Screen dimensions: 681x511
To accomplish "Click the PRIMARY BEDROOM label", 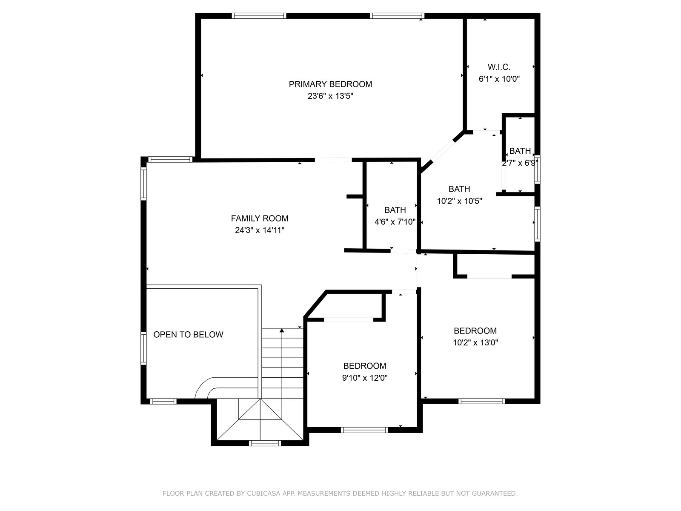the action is coord(330,84).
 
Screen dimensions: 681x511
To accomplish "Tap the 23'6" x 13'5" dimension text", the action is coord(330,96).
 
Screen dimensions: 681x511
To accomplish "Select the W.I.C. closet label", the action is coord(498,67).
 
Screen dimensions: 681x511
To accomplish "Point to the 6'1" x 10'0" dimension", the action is coord(499,79).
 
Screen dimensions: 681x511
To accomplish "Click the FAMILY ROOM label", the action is coord(259,218).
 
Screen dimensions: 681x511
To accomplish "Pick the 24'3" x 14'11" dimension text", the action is coord(259,230).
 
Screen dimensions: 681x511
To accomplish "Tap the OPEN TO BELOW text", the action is coord(188,334).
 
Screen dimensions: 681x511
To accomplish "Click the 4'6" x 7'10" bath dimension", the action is coord(395,222).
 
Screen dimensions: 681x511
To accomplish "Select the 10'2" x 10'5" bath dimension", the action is coord(459,201).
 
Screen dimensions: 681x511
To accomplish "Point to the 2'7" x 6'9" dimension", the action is coord(520,163).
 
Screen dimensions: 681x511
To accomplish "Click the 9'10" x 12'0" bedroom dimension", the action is coord(364,378).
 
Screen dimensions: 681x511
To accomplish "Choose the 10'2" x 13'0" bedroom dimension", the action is coord(475,342).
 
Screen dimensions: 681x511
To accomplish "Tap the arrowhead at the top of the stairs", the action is coord(281,330).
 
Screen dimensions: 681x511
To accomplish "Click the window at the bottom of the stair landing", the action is coord(264,443).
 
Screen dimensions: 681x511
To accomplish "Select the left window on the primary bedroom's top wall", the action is coord(259,16).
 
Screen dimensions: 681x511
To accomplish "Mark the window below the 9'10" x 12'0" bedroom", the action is coord(364,430).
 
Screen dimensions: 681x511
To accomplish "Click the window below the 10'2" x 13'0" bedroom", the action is coord(481,401).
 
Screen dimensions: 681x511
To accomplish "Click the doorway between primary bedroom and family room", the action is coord(333,160).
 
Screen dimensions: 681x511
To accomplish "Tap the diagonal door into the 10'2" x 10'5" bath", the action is coord(443,151).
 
